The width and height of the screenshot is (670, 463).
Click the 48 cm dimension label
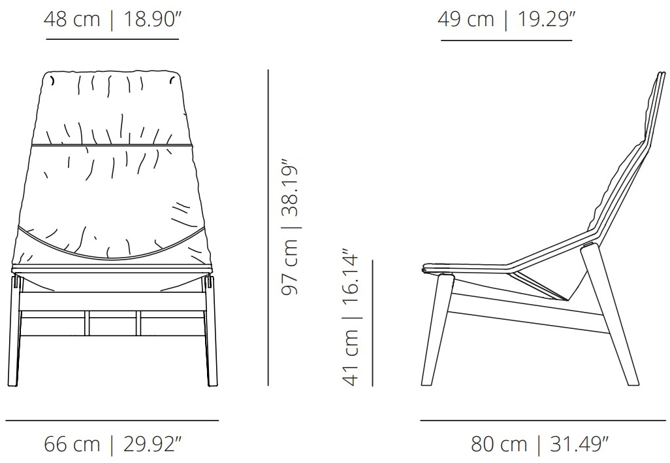coord(72,20)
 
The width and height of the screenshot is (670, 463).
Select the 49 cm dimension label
coord(466,20)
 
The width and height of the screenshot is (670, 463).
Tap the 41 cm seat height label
coord(351,358)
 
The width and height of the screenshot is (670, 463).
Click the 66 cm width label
coord(72,444)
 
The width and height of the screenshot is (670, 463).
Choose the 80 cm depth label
coord(499,444)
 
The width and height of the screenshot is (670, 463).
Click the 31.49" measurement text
coord(579,444)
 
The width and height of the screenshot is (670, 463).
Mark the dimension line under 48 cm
coord(112,39)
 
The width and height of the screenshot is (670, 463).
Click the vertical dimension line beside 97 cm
coord(268,228)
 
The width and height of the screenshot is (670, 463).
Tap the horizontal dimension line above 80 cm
coord(543,420)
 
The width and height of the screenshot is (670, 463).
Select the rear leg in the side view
coord(609,314)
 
